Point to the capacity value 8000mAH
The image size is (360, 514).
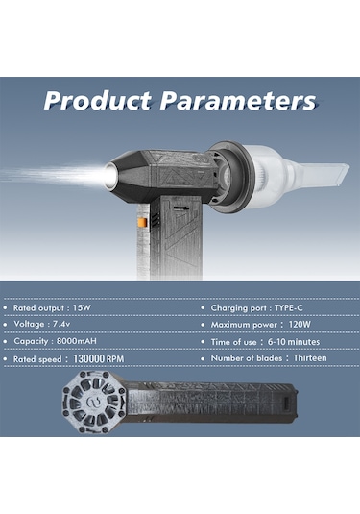[91, 341]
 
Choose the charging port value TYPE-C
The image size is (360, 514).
[293, 308]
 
